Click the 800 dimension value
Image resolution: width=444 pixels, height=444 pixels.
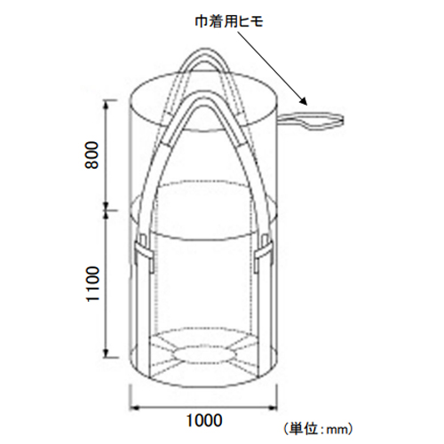[91, 155]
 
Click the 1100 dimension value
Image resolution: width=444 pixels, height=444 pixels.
[92, 284]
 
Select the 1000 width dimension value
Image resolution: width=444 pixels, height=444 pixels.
[204, 420]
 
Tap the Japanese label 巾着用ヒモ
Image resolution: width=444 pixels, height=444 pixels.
[229, 22]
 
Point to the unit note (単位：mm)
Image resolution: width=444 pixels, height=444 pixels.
[318, 429]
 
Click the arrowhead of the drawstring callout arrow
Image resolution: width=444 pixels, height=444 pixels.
[304, 102]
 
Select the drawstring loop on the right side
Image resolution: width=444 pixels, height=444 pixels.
[312, 121]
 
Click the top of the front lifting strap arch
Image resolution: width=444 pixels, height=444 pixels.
[203, 96]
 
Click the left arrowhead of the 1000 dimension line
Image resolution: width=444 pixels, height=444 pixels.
[134, 408]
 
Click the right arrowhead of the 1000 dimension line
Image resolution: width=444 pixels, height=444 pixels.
[273, 408]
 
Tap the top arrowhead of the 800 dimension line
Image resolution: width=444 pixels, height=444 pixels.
[107, 104]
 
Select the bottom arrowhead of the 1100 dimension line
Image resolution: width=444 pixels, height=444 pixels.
[107, 353]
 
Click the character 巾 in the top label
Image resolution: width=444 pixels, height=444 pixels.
[201, 22]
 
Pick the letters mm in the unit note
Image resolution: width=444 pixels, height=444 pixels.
[337, 430]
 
